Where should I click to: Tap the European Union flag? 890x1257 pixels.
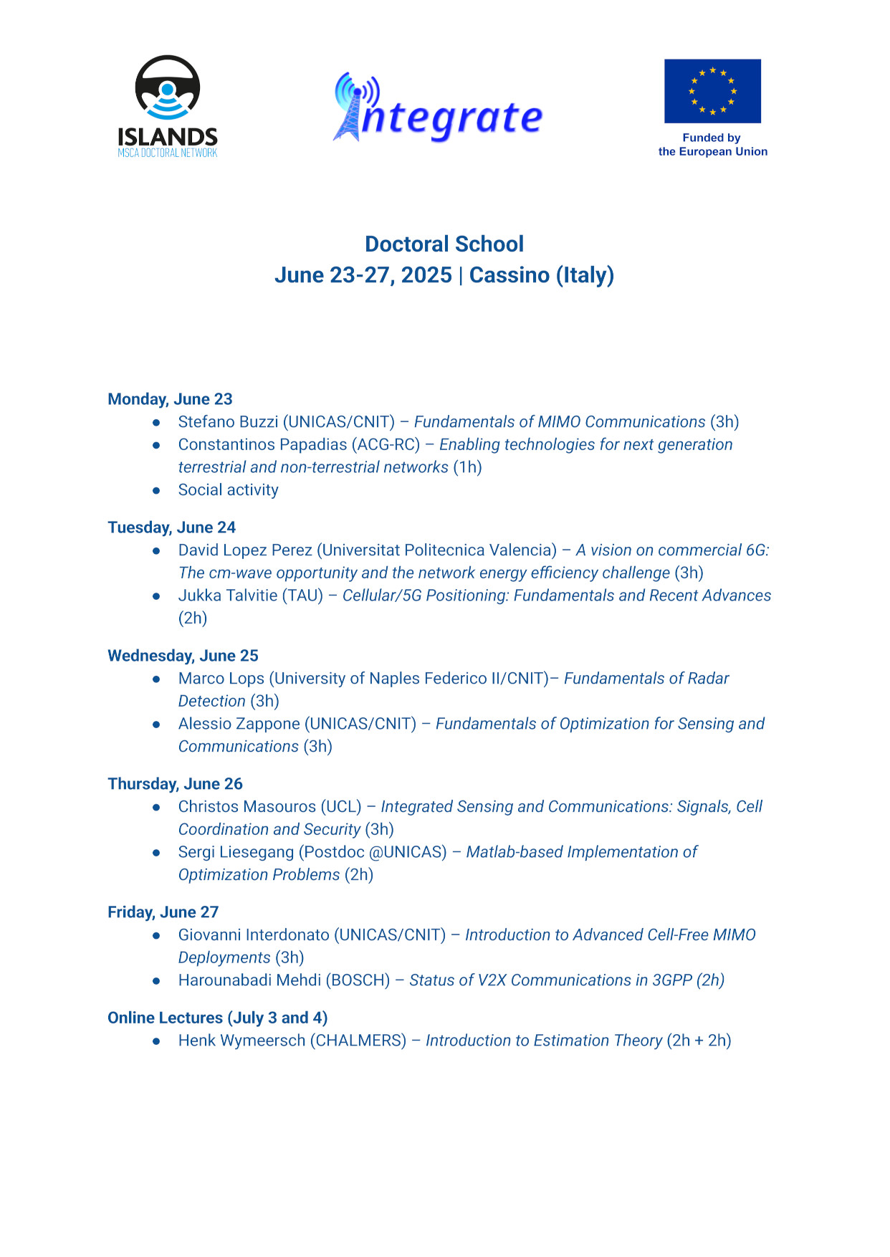(x=712, y=91)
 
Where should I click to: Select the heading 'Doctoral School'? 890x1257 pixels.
(x=444, y=244)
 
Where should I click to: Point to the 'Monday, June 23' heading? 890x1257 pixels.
(x=170, y=399)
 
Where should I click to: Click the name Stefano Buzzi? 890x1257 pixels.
(x=228, y=422)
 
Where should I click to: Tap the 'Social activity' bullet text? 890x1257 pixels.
(x=228, y=490)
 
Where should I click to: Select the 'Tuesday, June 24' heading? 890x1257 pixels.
(x=171, y=527)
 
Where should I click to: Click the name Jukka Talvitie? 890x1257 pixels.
(x=229, y=596)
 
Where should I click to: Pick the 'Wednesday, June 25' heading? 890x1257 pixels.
(x=183, y=656)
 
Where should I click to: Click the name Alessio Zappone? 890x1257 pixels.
(x=239, y=724)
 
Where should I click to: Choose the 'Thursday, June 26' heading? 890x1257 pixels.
(x=175, y=784)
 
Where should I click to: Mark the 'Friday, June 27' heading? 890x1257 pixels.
(x=163, y=912)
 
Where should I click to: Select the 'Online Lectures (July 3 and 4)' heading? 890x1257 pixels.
(x=217, y=1018)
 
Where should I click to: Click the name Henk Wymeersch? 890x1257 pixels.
(x=241, y=1041)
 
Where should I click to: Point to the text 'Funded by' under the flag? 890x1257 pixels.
(x=711, y=138)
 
